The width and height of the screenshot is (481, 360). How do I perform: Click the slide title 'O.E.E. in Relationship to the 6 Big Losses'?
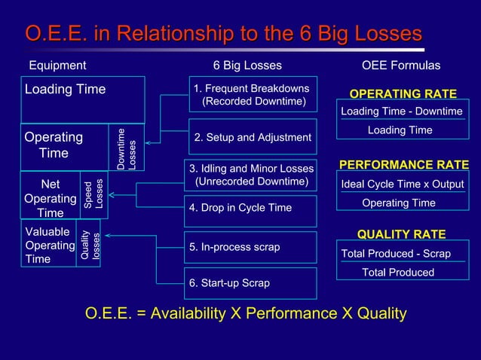(x=224, y=35)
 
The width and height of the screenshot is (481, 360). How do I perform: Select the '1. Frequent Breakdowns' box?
(x=253, y=94)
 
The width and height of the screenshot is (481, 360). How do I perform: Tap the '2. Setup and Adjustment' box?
(x=253, y=137)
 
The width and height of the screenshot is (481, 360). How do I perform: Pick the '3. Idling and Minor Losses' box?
(x=250, y=175)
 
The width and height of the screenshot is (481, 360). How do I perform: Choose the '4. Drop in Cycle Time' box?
(x=250, y=208)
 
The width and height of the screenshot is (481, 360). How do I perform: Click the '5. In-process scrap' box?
(x=250, y=247)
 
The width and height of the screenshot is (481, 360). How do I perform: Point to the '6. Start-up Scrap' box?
(x=250, y=283)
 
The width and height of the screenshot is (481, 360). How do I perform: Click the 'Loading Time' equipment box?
(x=82, y=99)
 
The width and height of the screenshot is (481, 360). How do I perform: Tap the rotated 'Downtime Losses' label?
(x=127, y=148)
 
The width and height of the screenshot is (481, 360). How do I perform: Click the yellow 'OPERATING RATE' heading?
(x=403, y=94)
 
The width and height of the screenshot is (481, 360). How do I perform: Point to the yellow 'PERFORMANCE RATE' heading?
(x=404, y=165)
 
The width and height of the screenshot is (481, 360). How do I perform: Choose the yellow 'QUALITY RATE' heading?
(x=401, y=234)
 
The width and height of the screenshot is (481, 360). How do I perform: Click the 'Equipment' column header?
(x=57, y=66)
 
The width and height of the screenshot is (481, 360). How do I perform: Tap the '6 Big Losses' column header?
(x=247, y=66)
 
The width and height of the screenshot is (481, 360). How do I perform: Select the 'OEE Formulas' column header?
(x=401, y=66)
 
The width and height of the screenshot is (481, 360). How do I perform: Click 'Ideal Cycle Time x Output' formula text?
(x=403, y=185)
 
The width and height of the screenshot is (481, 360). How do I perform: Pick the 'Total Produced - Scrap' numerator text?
(x=396, y=254)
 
